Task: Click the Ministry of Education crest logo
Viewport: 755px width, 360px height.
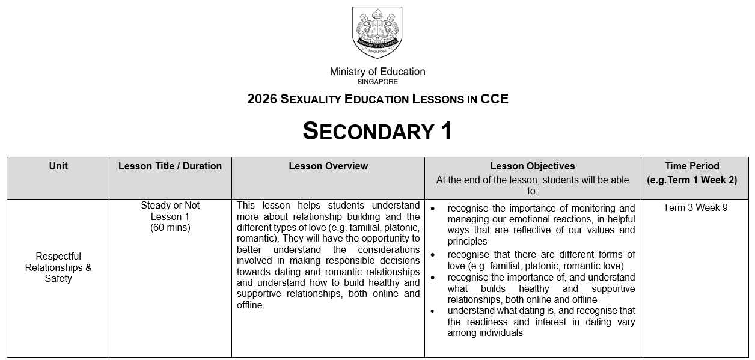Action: [377, 32]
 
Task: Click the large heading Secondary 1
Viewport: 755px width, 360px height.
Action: [377, 131]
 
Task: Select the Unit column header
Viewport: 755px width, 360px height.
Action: [58, 166]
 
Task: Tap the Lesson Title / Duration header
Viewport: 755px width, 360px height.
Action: [170, 166]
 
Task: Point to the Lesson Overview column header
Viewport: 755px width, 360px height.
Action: [328, 166]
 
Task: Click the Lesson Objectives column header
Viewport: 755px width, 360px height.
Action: [532, 166]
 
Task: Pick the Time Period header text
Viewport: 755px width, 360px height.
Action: [692, 166]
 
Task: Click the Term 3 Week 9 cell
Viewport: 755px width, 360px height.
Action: [695, 208]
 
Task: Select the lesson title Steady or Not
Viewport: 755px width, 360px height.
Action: [170, 206]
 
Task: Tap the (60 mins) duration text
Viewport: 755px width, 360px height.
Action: [170, 228]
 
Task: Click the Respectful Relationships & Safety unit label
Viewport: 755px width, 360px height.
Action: [58, 267]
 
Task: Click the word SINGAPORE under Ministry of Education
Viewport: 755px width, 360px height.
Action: [377, 82]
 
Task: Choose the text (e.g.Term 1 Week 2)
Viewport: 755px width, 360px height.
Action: [692, 180]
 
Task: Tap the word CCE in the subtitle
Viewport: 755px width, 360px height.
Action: [494, 99]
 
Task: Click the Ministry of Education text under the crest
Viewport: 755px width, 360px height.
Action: [377, 72]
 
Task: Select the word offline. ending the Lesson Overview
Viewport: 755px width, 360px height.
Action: [251, 305]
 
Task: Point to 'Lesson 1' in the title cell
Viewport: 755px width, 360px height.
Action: [170, 216]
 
